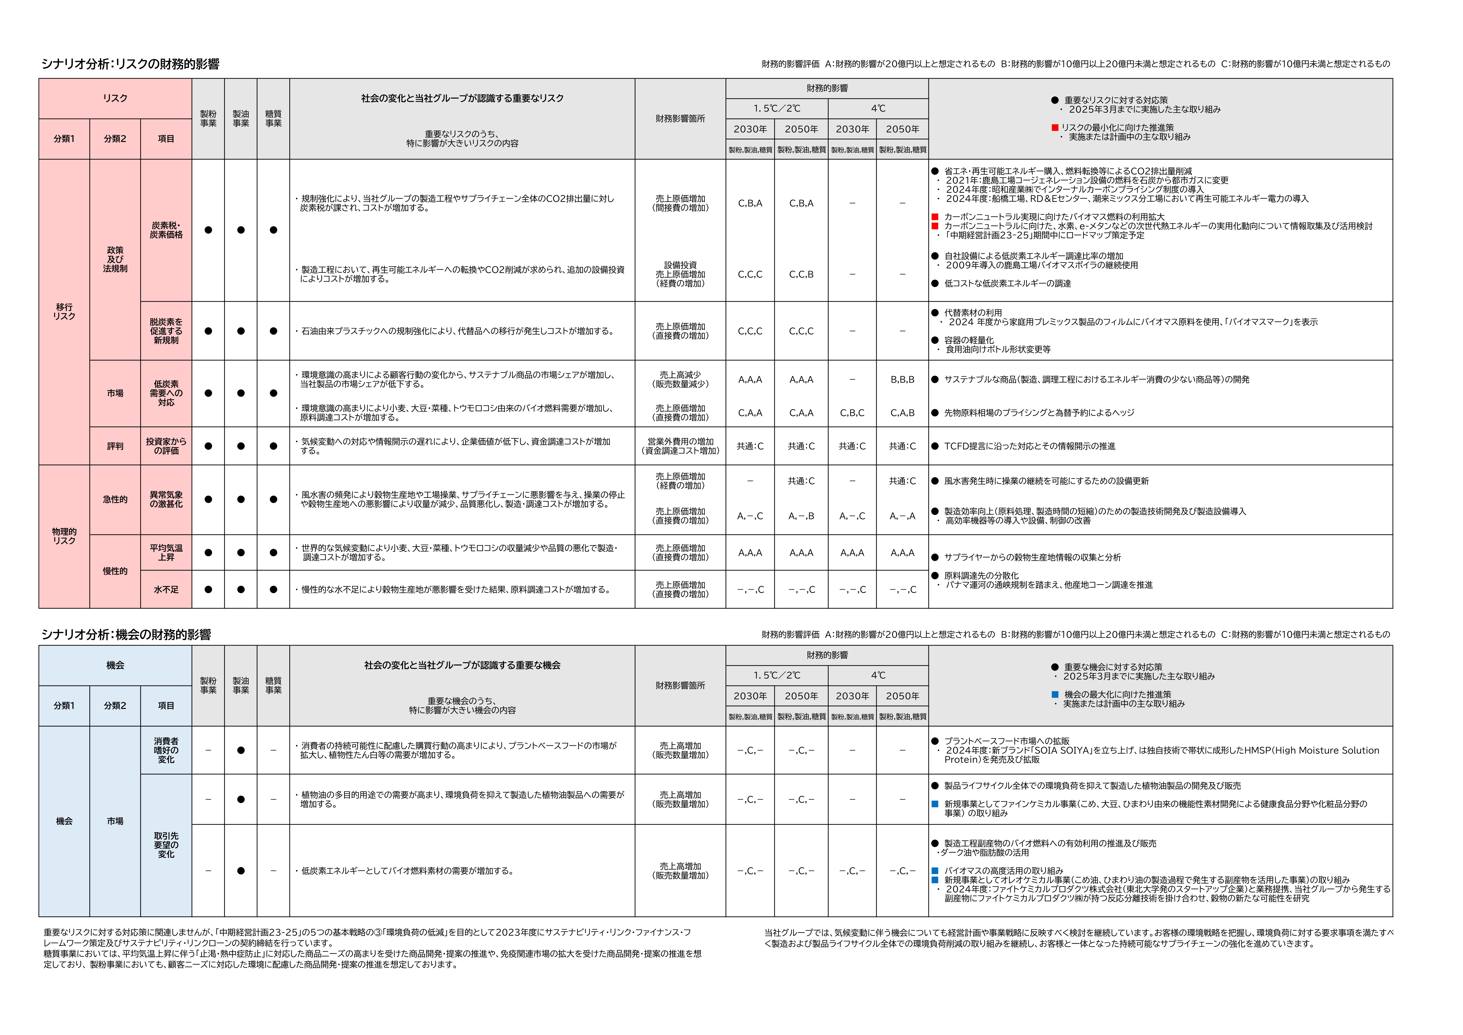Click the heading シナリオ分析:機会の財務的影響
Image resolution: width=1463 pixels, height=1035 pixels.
click(x=126, y=635)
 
